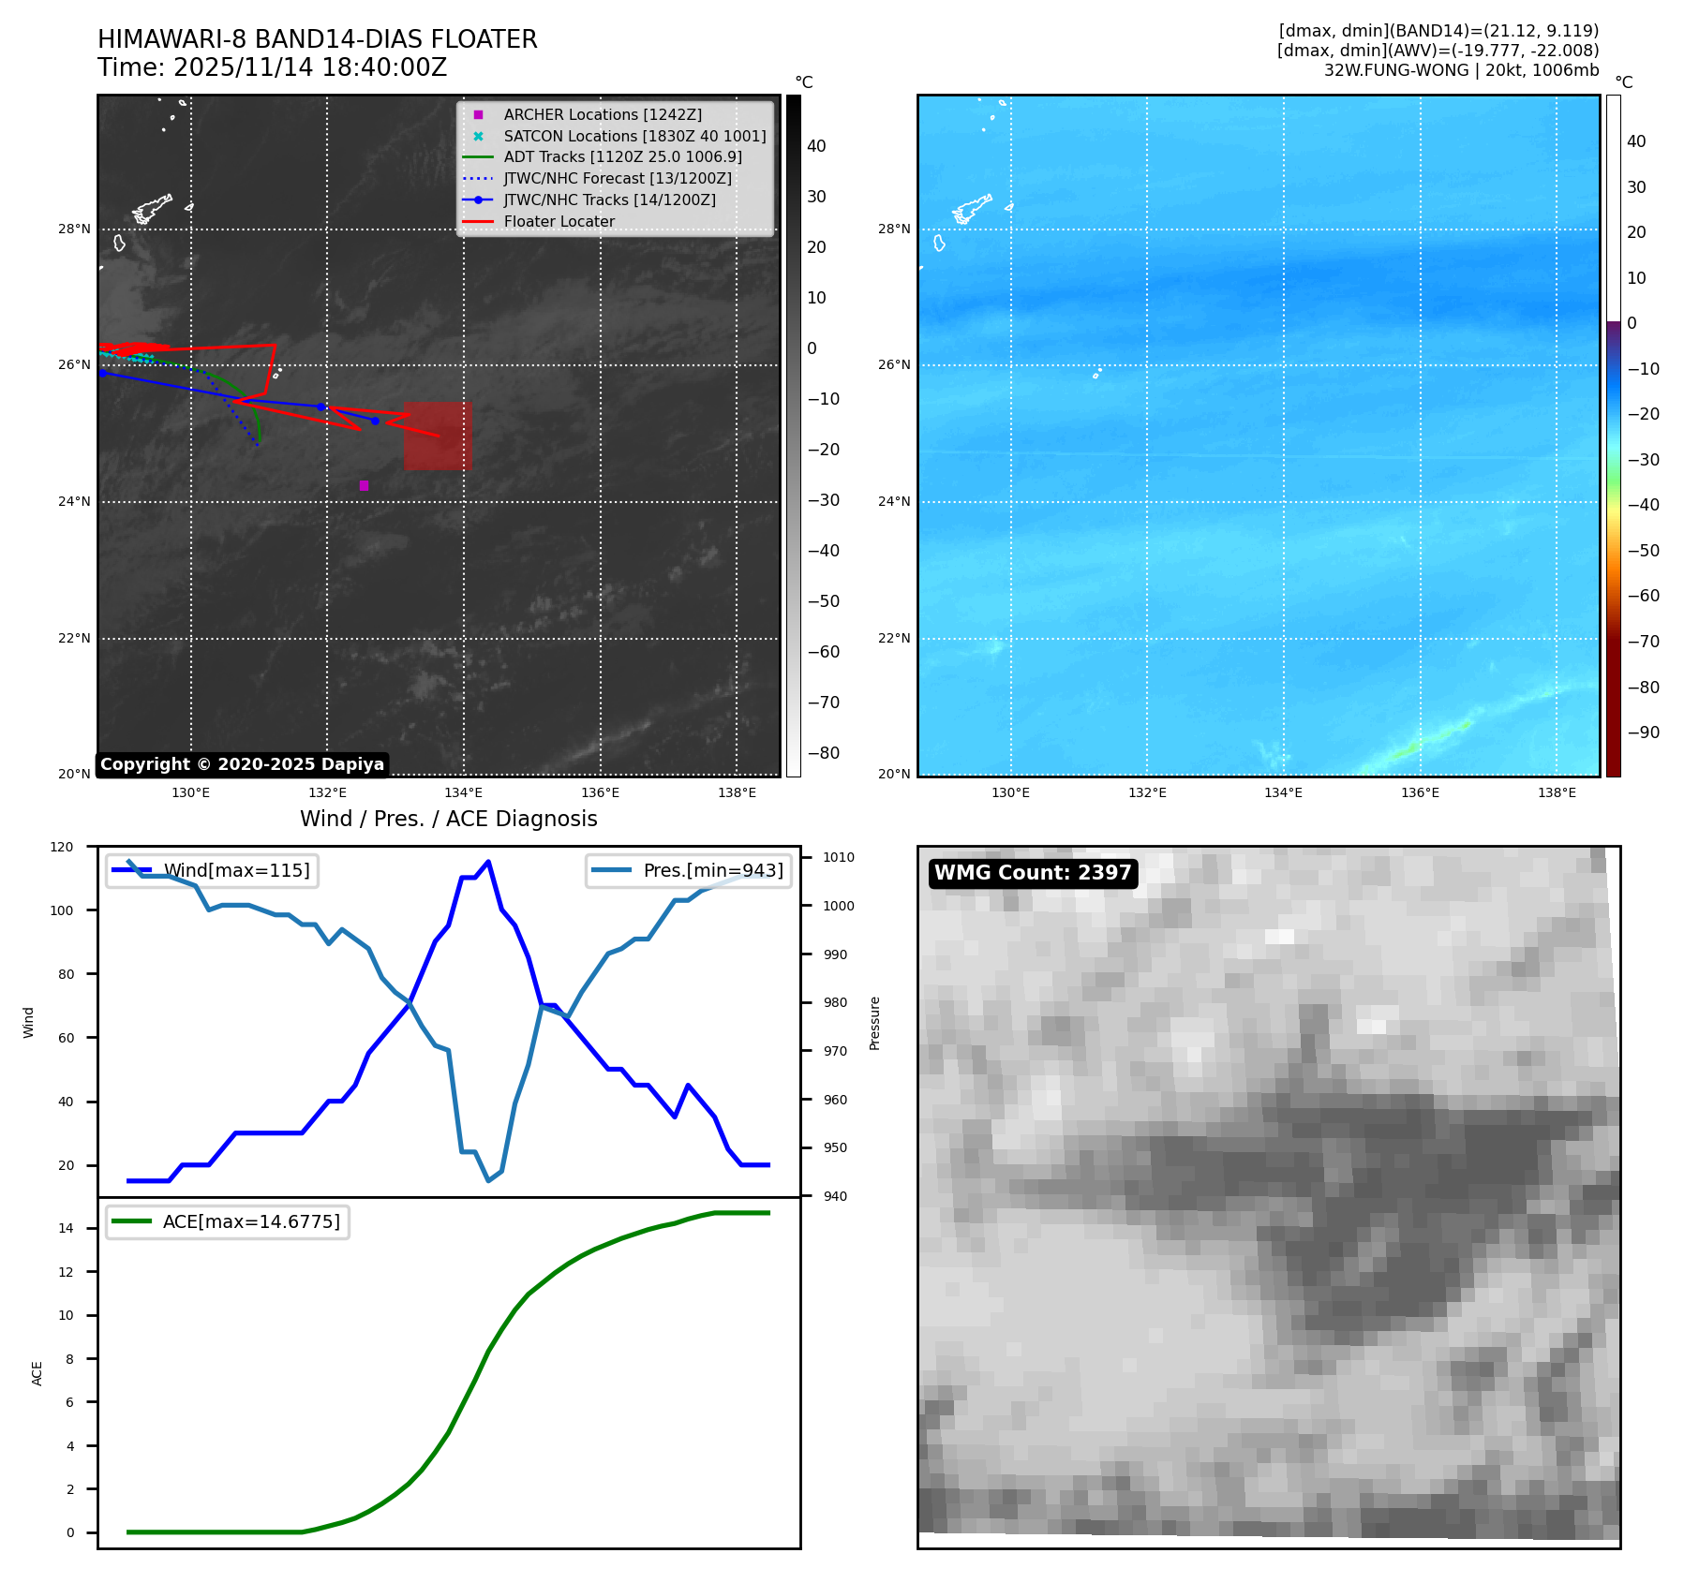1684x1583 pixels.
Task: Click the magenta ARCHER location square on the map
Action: pyautogui.click(x=364, y=485)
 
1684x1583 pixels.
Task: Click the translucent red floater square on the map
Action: pyautogui.click(x=438, y=436)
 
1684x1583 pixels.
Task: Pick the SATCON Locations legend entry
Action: pyautogui.click(x=633, y=136)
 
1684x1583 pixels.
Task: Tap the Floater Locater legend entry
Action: pyautogui.click(x=559, y=222)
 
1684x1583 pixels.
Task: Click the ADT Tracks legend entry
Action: pyautogui.click(x=622, y=157)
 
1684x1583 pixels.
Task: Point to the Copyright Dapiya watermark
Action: pyautogui.click(x=242, y=764)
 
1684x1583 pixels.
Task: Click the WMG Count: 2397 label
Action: pyautogui.click(x=1032, y=873)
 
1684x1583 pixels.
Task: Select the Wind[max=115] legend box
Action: pyautogui.click(x=213, y=870)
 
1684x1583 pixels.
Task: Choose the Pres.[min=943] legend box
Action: pyautogui.click(x=689, y=870)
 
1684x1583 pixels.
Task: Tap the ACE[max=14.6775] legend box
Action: pyautogui.click(x=228, y=1221)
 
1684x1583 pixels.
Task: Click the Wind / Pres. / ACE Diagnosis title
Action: pyautogui.click(x=448, y=819)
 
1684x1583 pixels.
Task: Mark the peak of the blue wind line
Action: pyautogui.click(x=488, y=862)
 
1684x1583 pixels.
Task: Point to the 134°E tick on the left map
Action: pyautogui.click(x=463, y=793)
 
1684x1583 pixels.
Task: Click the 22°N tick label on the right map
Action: pyautogui.click(x=893, y=639)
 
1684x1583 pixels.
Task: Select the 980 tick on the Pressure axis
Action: pyautogui.click(x=834, y=1002)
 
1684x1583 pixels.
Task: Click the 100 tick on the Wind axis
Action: pyautogui.click(x=66, y=910)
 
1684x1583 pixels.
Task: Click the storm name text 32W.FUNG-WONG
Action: pyautogui.click(x=1395, y=70)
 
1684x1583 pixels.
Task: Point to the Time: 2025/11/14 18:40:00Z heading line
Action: pyautogui.click(x=272, y=68)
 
